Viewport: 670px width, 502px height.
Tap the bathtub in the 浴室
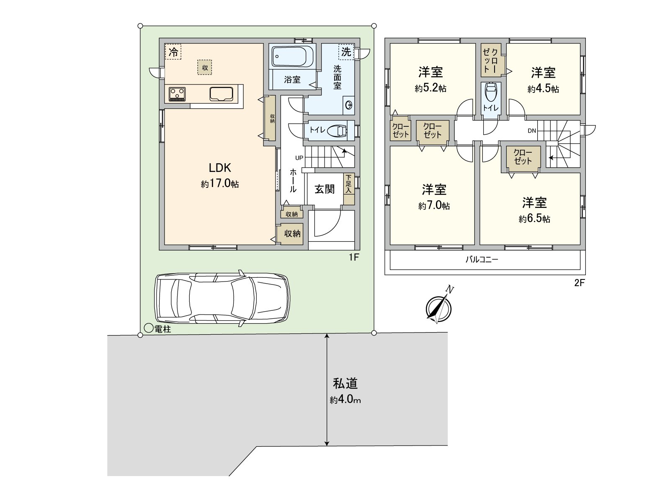pos(292,56)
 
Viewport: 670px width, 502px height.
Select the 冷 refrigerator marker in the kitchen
pos(173,52)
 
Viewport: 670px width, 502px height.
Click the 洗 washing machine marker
pos(346,52)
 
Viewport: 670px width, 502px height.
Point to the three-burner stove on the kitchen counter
pos(178,93)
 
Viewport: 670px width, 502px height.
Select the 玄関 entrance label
pos(325,189)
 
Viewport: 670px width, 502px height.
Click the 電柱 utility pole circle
pos(148,329)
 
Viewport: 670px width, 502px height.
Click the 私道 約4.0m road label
pos(345,391)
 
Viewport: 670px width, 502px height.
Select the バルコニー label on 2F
pos(482,259)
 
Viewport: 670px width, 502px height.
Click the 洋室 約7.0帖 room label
pos(434,197)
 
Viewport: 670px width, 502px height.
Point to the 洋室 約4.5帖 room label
pos(543,79)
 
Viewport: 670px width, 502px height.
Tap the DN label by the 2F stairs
pos(532,131)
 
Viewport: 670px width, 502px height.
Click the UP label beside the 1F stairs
pos(299,158)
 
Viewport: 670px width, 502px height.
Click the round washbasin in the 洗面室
pos(349,105)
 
